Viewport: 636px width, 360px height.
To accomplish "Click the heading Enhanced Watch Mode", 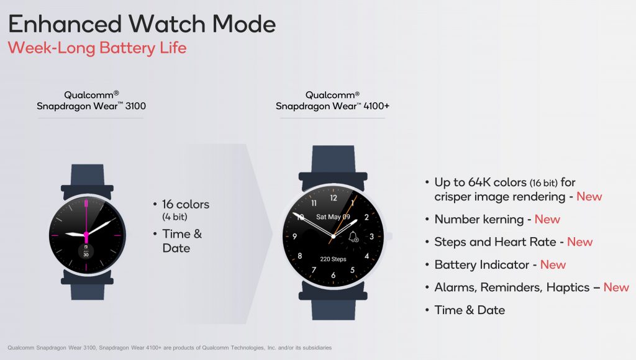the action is (142, 24).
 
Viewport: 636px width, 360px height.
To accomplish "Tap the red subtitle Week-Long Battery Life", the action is (98, 48).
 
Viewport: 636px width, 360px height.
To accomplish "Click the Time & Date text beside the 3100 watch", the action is (182, 241).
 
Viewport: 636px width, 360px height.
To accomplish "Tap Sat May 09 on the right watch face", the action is (333, 217).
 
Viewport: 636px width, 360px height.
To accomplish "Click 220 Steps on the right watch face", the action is (333, 259).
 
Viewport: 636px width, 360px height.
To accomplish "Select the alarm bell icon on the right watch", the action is (353, 236).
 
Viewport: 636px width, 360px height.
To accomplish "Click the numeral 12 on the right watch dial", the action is (334, 198).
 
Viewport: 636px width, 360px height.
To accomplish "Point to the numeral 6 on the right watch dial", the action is (334, 275).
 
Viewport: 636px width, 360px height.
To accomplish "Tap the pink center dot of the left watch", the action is (86, 235).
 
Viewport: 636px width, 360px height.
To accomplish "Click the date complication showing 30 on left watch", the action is (86, 251).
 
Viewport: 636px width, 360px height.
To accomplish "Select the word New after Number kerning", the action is (547, 219).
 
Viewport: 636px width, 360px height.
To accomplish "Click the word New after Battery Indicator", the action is (553, 265).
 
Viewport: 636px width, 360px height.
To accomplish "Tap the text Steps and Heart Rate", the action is (495, 242).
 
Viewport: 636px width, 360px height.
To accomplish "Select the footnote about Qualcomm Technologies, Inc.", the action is (170, 348).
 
